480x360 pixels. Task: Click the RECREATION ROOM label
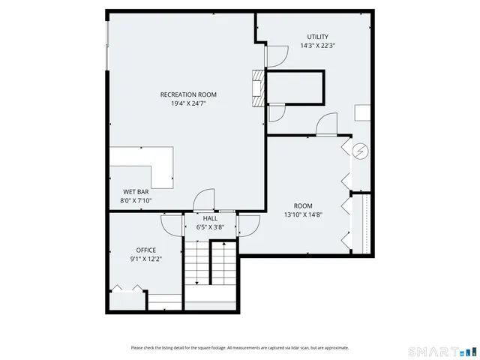tap(188, 94)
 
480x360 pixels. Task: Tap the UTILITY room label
tap(317, 37)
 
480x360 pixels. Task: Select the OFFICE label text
tap(145, 250)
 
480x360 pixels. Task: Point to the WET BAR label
tap(136, 192)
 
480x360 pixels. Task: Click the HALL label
tap(211, 218)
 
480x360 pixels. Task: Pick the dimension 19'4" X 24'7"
tap(188, 103)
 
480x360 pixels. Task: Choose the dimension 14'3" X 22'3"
tap(317, 46)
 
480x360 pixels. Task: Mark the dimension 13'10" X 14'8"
tap(303, 214)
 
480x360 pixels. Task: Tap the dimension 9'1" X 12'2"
tap(145, 259)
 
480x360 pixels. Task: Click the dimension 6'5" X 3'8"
tap(211, 226)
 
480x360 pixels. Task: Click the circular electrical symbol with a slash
tap(361, 151)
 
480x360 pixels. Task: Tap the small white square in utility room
tap(362, 113)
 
